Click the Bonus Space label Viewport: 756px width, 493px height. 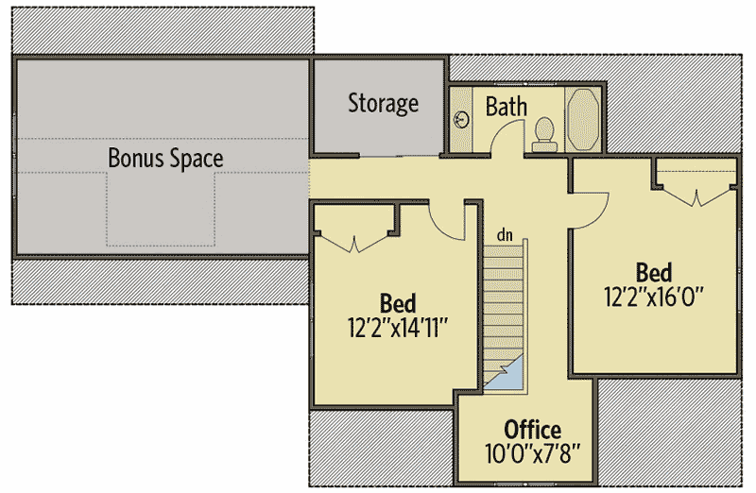[x=165, y=158]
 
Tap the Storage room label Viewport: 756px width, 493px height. [x=384, y=103]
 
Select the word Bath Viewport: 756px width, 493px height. [x=507, y=106]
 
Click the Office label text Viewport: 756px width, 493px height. [x=532, y=430]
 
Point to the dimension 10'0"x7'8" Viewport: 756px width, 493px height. [x=532, y=453]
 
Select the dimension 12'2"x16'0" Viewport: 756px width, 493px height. [x=654, y=297]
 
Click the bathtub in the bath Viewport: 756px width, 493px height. [x=583, y=120]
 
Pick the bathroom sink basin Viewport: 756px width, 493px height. [x=462, y=119]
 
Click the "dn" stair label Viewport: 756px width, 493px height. [x=505, y=235]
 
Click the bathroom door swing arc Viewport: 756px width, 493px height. [x=506, y=131]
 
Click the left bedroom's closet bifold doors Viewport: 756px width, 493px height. [x=354, y=244]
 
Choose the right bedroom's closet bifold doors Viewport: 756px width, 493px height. [x=696, y=197]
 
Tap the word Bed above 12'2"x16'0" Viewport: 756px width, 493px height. [x=654, y=273]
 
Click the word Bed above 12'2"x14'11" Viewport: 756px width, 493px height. [x=398, y=304]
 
